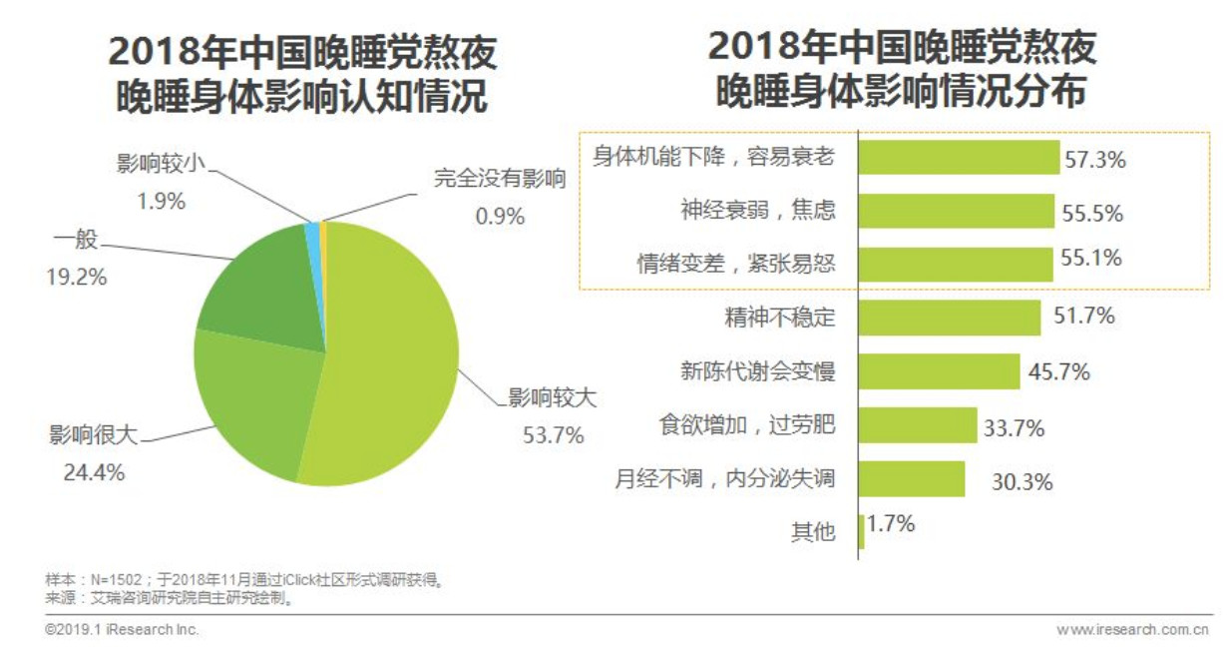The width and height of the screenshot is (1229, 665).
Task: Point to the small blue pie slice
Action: pyautogui.click(x=313, y=233)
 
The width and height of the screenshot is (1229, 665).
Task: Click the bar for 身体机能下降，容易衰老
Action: pyautogui.click(x=959, y=158)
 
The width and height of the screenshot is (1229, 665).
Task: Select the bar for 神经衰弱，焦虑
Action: pyautogui.click(x=957, y=211)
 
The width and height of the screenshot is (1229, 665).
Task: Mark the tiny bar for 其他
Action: pyautogui.click(x=862, y=532)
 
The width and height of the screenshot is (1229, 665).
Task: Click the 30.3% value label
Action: pyautogui.click(x=1022, y=482)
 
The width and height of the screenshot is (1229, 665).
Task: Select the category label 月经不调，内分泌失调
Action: pyautogui.click(x=724, y=479)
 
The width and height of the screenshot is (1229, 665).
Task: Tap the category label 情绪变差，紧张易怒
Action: pyautogui.click(x=736, y=264)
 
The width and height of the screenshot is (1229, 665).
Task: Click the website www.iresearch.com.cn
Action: pyautogui.click(x=1132, y=630)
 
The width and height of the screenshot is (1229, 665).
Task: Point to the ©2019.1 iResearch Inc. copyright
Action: pyautogui.click(x=122, y=630)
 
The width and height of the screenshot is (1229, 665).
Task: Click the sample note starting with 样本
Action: pyautogui.click(x=243, y=579)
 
